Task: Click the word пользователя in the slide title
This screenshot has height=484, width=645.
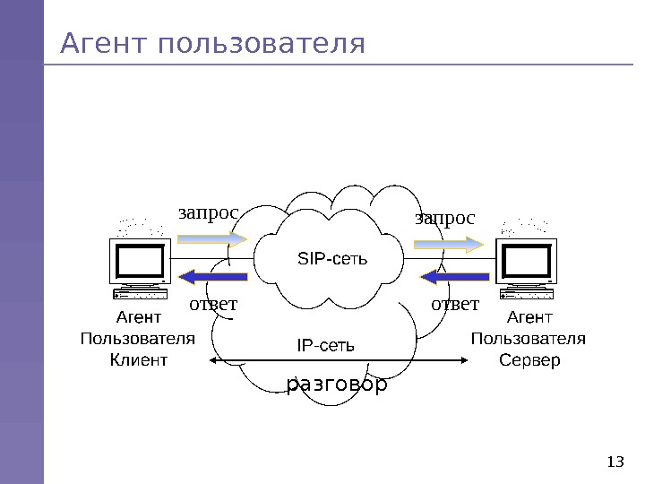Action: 261,43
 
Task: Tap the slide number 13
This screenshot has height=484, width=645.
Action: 615,462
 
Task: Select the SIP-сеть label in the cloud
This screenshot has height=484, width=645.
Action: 332,259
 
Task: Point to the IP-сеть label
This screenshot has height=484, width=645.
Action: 326,344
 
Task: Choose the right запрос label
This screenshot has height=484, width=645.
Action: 445,218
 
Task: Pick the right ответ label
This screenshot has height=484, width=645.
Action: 456,305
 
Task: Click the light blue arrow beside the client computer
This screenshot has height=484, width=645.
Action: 212,238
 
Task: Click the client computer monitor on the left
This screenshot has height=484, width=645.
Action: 140,261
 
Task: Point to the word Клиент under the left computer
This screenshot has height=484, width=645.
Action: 139,360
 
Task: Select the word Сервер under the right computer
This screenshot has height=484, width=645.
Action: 529,360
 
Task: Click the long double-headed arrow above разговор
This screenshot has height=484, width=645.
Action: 338,360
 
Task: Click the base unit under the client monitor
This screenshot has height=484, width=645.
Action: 141,293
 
